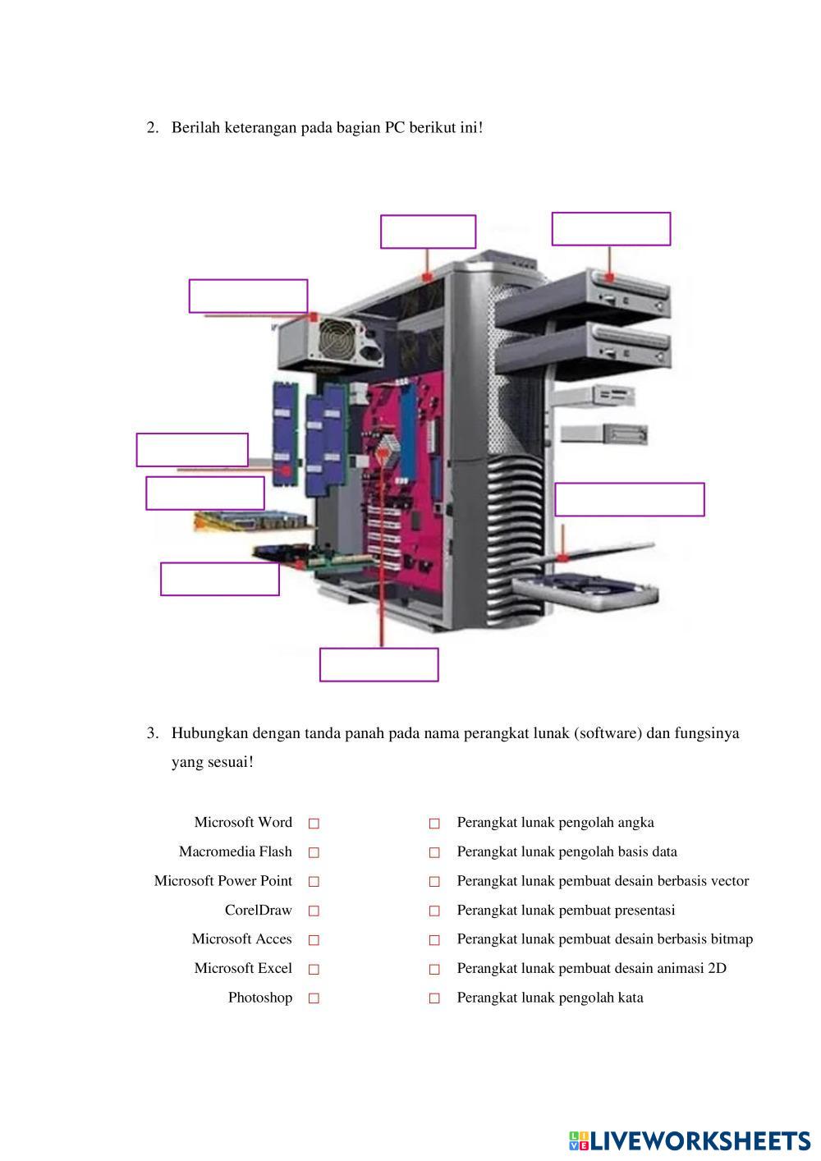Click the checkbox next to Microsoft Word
point(314,823)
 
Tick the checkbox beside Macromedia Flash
point(314,852)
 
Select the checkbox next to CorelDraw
point(314,911)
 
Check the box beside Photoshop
point(314,998)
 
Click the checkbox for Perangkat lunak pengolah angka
point(434,823)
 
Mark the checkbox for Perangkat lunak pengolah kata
point(434,998)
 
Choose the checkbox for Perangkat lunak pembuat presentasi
point(434,911)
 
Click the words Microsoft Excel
point(243,968)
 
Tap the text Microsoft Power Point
point(223,881)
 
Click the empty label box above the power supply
point(248,296)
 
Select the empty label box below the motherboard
point(378,664)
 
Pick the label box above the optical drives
point(611,228)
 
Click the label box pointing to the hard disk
point(629,499)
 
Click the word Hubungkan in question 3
point(210,732)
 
